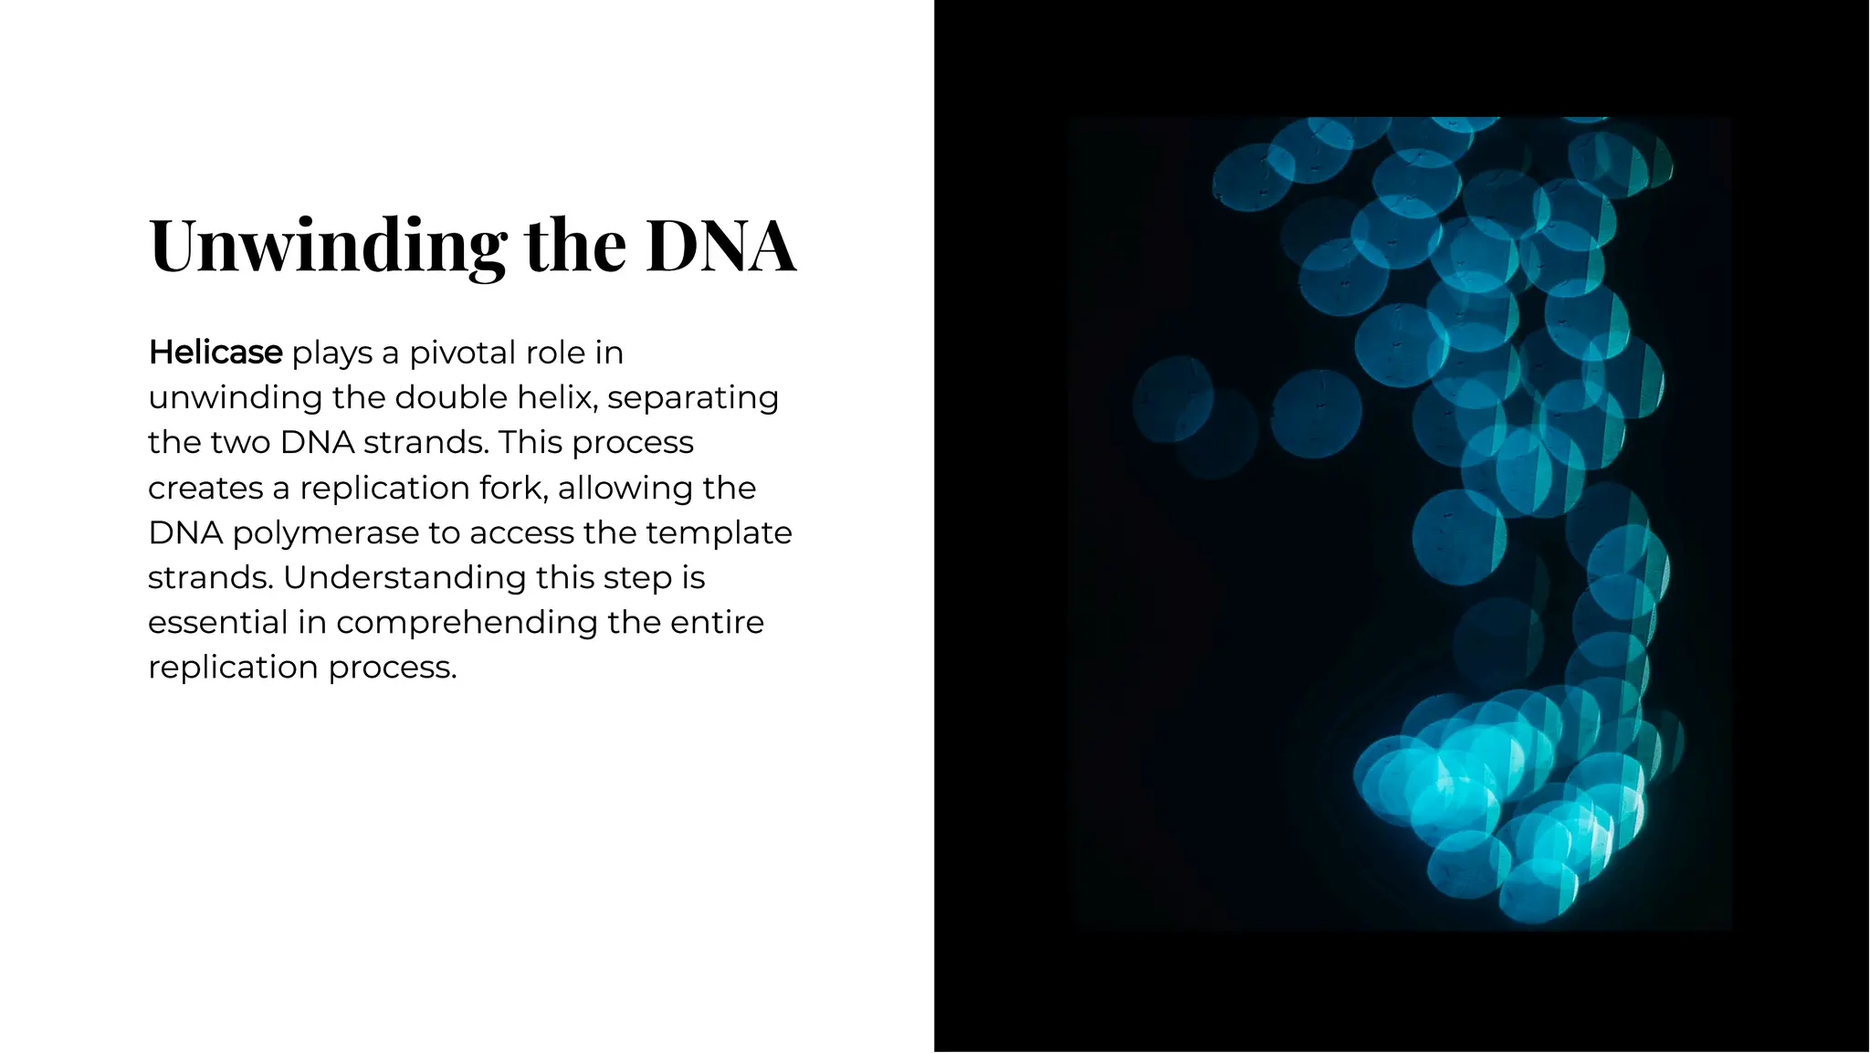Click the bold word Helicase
[x=215, y=353]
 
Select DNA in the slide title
[x=721, y=246]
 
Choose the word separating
[x=693, y=397]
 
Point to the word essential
[x=217, y=622]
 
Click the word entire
[x=717, y=622]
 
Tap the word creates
[x=205, y=488]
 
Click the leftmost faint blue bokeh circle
[x=1172, y=399]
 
